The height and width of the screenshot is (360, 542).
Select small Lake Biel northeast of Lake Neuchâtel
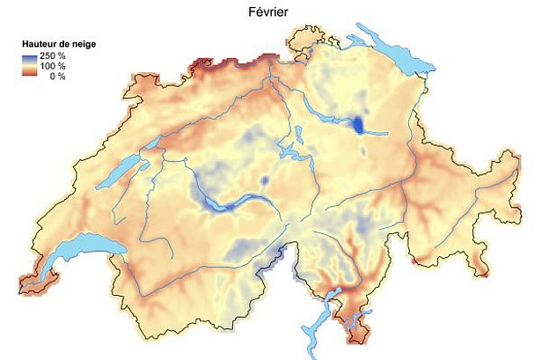coord(152,141)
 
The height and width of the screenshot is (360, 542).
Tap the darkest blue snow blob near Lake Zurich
coord(358,124)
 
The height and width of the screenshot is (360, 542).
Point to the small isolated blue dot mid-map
coord(263,181)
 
